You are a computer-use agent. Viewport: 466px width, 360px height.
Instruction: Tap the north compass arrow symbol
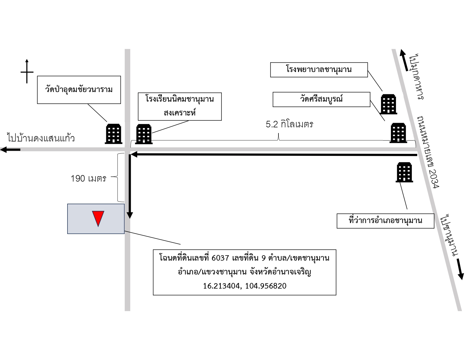coord(27,71)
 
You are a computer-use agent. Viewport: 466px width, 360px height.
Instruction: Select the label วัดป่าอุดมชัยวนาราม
coord(79,90)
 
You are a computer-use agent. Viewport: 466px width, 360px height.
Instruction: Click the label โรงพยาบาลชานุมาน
coord(319,69)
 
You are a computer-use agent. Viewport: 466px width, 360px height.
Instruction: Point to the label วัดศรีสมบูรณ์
coord(321,99)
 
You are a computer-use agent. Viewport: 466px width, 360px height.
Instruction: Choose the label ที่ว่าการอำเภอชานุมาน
coord(385,221)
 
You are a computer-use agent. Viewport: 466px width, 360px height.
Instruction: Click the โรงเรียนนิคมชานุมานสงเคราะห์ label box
coord(180,106)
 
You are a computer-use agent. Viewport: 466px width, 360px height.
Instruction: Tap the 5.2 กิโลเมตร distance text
coord(289,124)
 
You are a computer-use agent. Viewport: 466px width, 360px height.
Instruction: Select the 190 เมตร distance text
coord(88,178)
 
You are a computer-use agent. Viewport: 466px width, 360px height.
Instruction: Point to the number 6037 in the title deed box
coord(220,258)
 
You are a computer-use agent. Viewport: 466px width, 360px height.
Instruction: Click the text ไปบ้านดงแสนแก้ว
coord(41,138)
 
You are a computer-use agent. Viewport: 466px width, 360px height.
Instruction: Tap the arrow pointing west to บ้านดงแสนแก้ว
coord(10,150)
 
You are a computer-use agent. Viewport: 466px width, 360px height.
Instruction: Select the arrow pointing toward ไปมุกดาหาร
coord(404,60)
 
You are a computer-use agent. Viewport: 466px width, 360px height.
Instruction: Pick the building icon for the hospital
coord(388,104)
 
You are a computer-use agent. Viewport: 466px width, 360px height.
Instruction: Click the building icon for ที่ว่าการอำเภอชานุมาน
coord(404,172)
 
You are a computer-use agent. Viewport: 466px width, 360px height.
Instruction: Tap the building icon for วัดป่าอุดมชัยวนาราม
coord(114,134)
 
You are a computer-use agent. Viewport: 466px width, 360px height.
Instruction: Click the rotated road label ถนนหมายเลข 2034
coord(428,152)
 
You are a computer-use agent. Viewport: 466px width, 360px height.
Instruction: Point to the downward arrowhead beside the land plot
coord(130,215)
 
